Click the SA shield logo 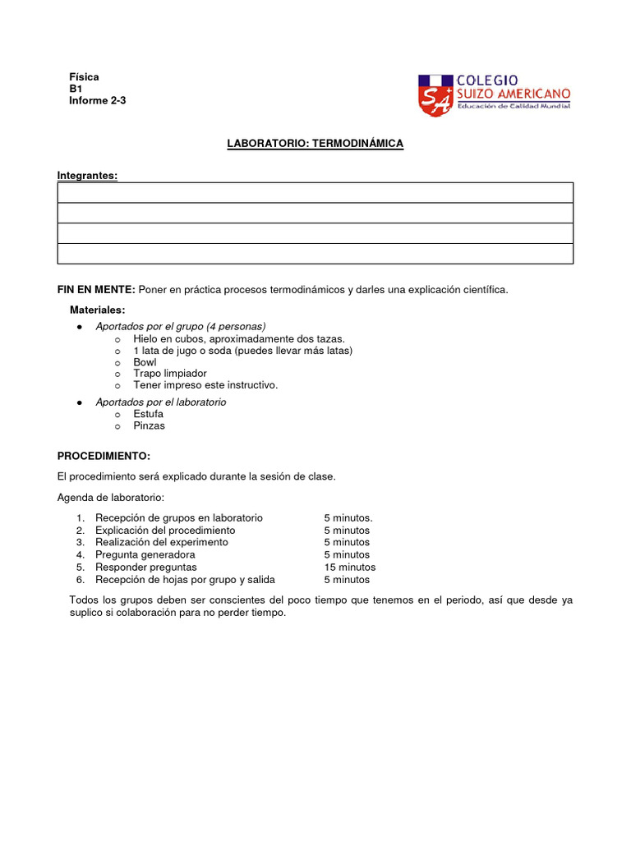(435, 95)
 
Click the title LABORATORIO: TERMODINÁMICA (315, 144)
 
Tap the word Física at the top (84, 77)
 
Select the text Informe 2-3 (98, 101)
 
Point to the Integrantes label (87, 175)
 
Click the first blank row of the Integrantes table (315, 193)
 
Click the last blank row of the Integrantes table (315, 254)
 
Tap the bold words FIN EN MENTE (96, 289)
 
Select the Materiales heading (97, 310)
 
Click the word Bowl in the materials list (145, 362)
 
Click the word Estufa (148, 414)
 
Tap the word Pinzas (149, 425)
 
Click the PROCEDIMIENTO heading (104, 455)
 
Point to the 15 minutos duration (349, 568)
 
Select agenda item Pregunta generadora (145, 555)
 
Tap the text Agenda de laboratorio (111, 498)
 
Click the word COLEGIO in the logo (486, 80)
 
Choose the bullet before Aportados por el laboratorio (78, 402)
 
